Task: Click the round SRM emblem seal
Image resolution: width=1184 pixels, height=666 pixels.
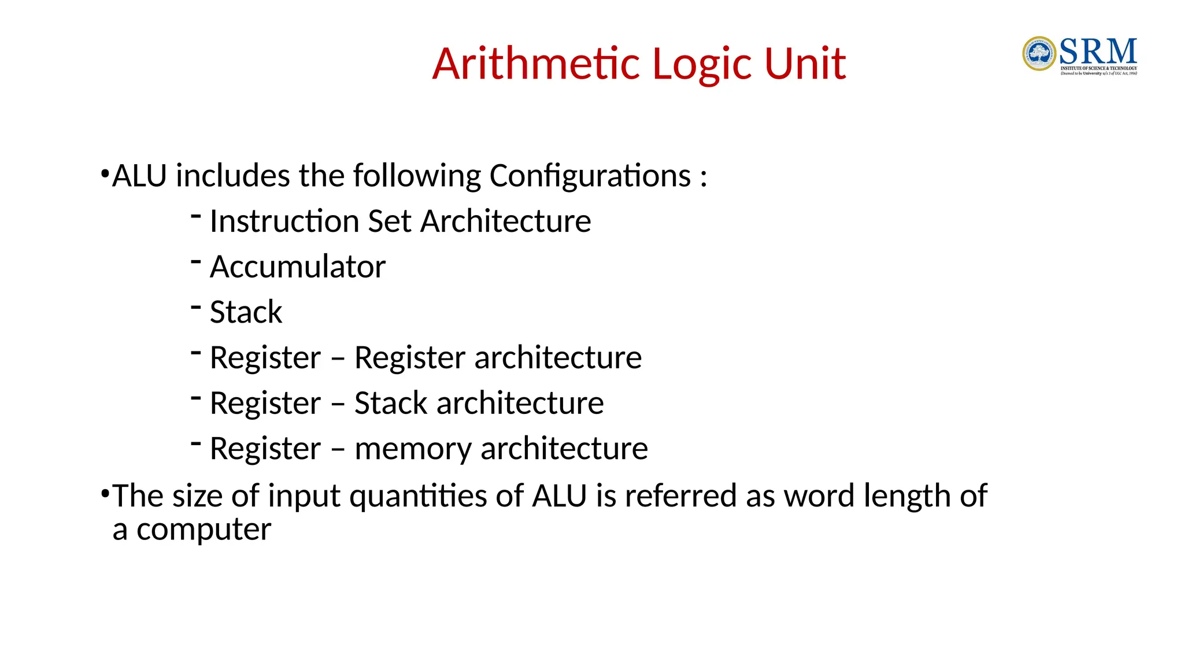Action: [x=1039, y=54]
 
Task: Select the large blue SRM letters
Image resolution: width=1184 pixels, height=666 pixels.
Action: [x=1098, y=52]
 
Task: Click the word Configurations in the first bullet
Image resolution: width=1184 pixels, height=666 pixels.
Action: [x=590, y=176]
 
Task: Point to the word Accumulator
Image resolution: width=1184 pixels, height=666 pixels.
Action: [x=297, y=267]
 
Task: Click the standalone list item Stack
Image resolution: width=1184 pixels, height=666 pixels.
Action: [x=246, y=312]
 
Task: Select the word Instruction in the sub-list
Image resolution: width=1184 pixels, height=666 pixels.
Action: [x=284, y=221]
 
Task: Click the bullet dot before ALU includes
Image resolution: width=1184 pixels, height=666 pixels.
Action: [x=105, y=173]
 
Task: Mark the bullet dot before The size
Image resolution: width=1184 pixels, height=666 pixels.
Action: [x=105, y=494]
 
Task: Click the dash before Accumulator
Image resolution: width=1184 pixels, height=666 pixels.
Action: [x=196, y=262]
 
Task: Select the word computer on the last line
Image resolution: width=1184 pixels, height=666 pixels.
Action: [x=203, y=530]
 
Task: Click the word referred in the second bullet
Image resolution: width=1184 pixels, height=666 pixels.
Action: [x=680, y=496]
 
